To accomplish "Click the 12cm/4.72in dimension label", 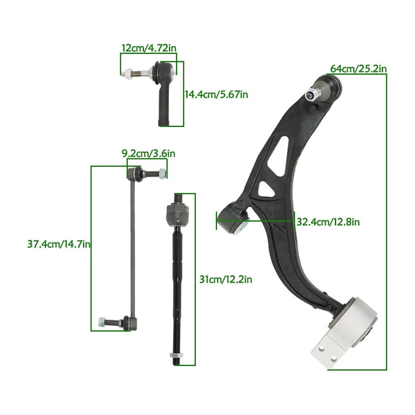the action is pos(149,48).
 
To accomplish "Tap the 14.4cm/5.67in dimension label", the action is pos(216,95).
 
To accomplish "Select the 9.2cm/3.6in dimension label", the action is pos(149,154).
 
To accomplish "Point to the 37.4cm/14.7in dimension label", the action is pos(59,244).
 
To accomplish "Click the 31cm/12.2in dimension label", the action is pos(226,279).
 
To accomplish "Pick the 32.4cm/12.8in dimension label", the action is pos(328,222).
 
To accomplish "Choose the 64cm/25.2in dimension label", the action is pos(359,69).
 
